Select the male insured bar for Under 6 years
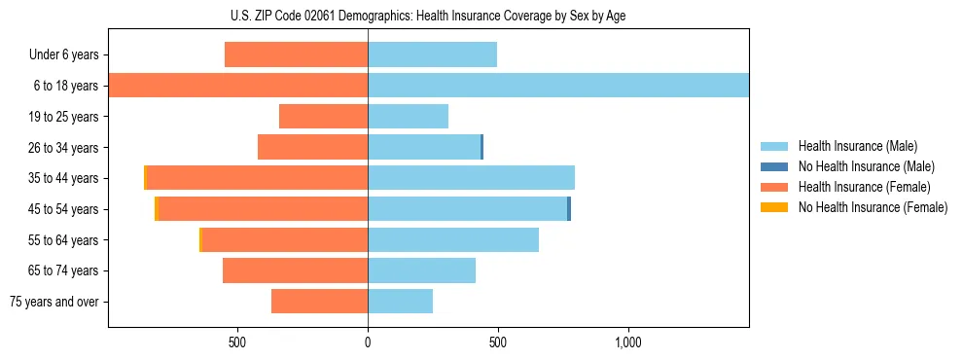[432, 54]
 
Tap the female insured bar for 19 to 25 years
[323, 117]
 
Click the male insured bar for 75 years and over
[400, 302]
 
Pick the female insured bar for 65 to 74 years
[295, 270]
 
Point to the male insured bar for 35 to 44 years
[471, 178]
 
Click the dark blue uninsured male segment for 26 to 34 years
[481, 147]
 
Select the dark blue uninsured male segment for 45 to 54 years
[569, 209]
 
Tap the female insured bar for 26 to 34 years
[312, 147]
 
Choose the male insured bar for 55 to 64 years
[453, 239]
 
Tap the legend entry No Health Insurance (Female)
[872, 207]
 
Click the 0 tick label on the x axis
[368, 342]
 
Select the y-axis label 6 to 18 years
[65, 86]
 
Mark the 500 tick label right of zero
[498, 342]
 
